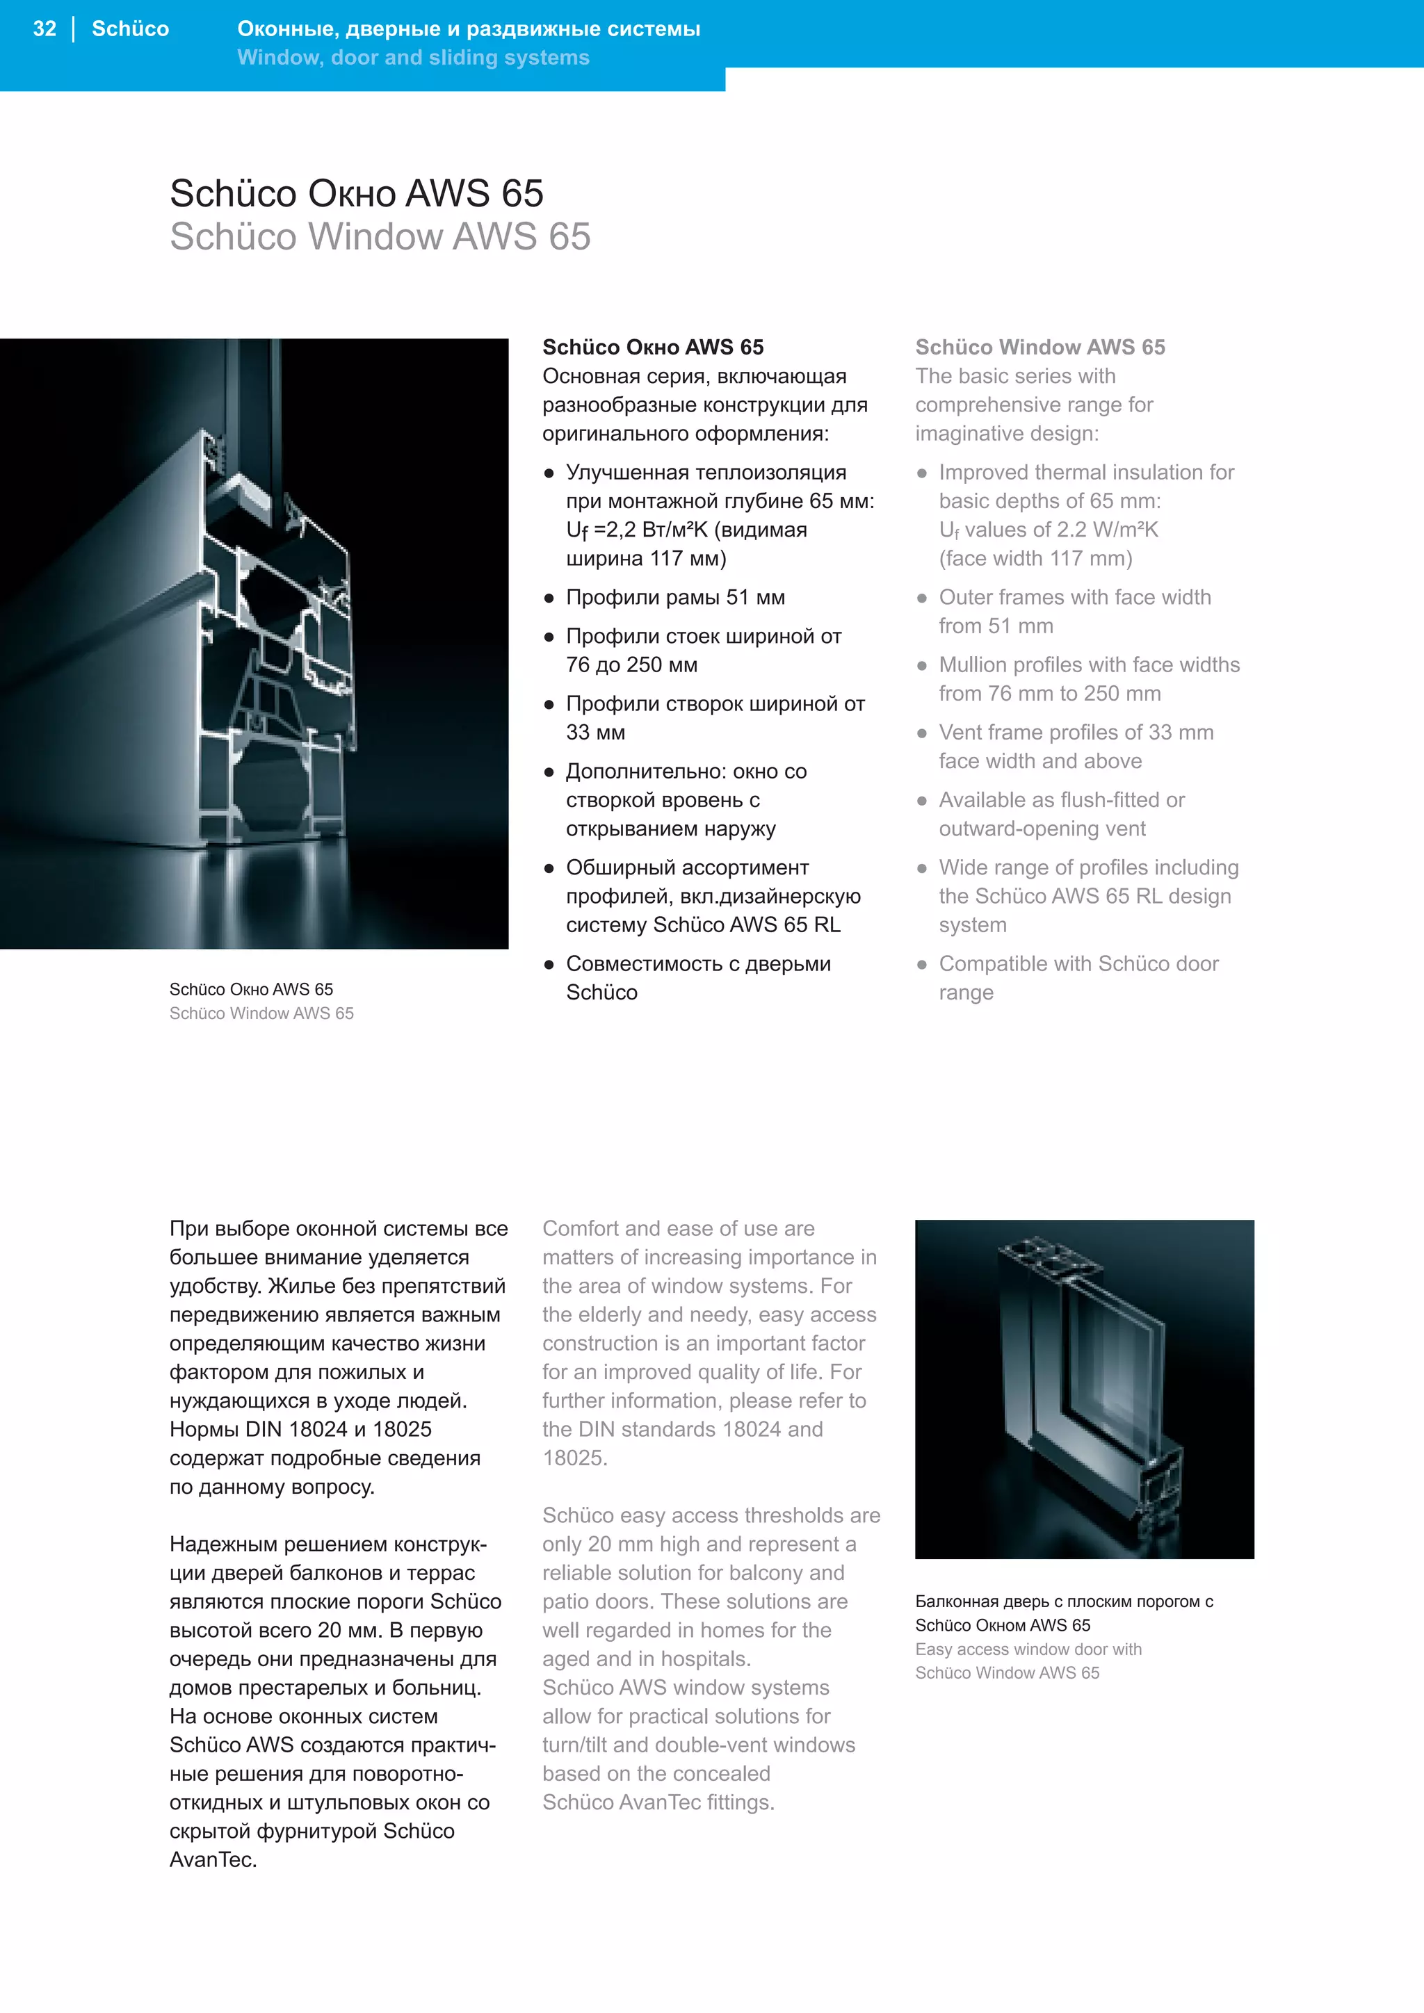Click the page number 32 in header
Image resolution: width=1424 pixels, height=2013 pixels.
pos(44,29)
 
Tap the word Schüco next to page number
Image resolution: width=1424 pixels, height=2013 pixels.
pos(130,29)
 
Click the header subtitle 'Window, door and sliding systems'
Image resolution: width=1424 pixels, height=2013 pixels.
pos(413,58)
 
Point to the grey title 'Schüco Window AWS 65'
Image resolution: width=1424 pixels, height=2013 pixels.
pos(380,237)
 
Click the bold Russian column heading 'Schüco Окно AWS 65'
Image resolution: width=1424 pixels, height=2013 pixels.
pos(652,347)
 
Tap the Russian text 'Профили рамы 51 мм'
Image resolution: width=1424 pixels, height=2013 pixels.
pos(675,598)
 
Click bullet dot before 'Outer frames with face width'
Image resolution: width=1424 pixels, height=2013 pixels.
pos(921,598)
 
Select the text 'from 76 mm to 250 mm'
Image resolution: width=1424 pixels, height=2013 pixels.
pos(1050,694)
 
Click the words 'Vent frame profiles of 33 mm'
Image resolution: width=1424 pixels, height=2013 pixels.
pos(1076,733)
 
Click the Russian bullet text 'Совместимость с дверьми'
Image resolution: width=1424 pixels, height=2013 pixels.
pos(698,964)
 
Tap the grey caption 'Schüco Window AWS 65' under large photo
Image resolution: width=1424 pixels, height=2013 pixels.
pos(261,1013)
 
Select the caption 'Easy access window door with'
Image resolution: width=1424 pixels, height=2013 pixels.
pos(1028,1649)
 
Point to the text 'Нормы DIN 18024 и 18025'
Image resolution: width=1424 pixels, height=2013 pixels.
pos(300,1430)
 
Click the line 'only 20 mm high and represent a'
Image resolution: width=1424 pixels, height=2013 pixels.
pos(699,1544)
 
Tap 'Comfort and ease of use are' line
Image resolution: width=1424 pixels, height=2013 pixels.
pos(678,1229)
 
